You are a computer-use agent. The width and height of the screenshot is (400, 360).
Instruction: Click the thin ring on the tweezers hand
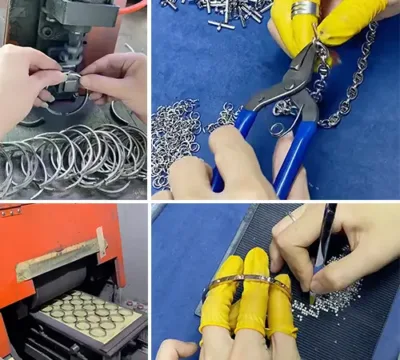tap(291, 216)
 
